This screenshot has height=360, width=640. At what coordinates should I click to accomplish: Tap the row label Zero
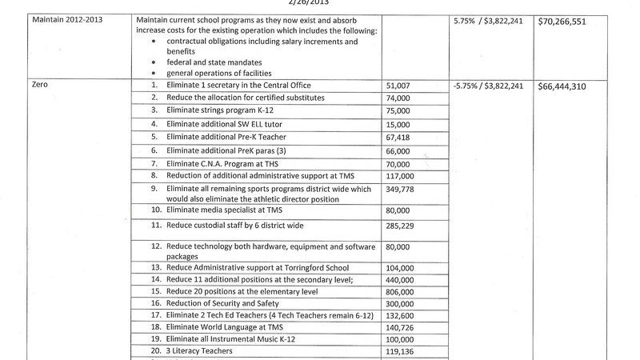pyautogui.click(x=40, y=85)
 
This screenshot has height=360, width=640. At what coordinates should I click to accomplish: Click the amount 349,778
pyautogui.click(x=402, y=189)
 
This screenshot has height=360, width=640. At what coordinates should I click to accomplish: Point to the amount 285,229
pyautogui.click(x=402, y=227)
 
